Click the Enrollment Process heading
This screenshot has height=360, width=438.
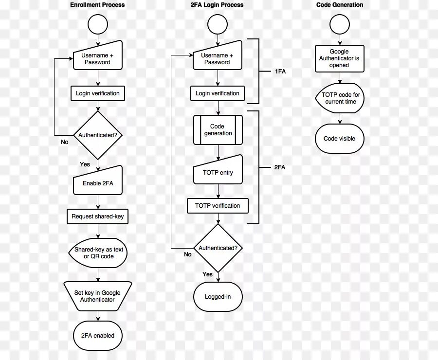click(97, 5)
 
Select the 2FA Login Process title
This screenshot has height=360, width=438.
click(217, 5)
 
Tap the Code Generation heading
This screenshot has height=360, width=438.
click(340, 5)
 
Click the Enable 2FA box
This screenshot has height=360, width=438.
click(98, 183)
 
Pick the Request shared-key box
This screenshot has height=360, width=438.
click(97, 216)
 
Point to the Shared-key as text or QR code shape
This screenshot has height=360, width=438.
click(98, 252)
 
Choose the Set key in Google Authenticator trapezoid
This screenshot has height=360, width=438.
click(97, 296)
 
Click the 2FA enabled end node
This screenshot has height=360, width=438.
click(98, 336)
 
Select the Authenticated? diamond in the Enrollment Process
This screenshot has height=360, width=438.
click(98, 135)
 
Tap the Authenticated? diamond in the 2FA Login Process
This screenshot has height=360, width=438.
click(218, 248)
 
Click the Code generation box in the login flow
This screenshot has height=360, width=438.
click(218, 130)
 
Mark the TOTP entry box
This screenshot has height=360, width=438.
click(218, 173)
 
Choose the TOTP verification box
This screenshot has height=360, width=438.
click(218, 206)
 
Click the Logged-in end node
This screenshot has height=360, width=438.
click(218, 296)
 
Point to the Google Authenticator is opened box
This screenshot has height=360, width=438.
click(339, 58)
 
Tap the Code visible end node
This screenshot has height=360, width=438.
click(340, 139)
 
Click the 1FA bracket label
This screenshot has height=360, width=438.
click(280, 72)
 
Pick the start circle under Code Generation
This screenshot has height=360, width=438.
click(339, 24)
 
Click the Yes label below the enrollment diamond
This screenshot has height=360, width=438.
click(85, 164)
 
